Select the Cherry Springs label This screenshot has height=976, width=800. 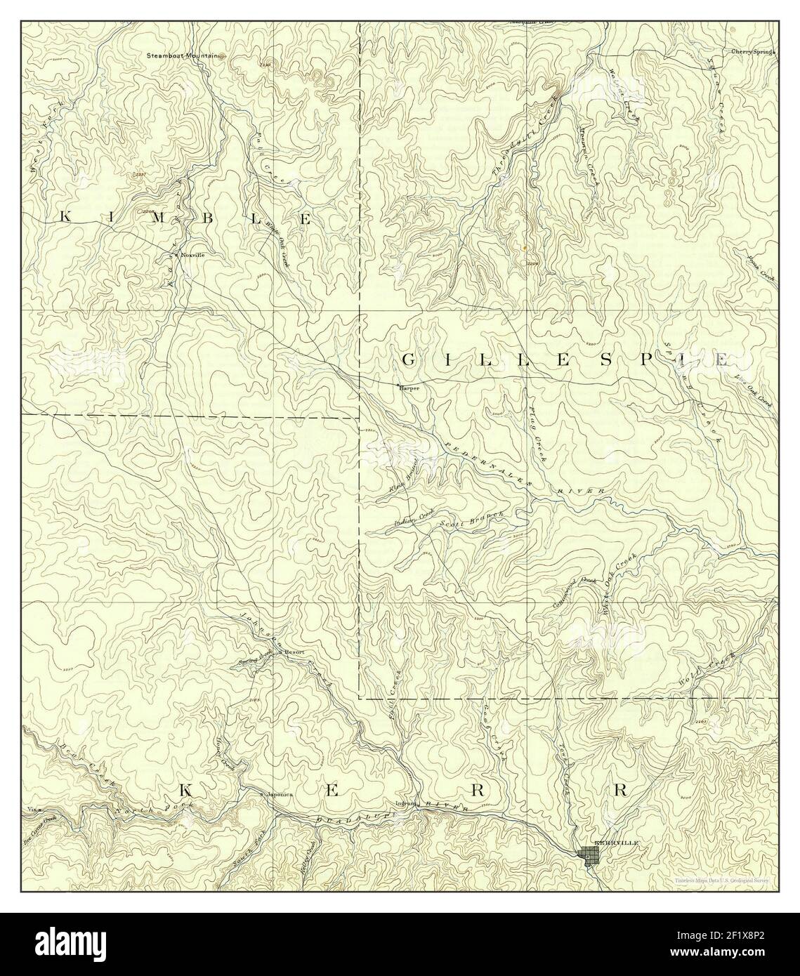point(752,52)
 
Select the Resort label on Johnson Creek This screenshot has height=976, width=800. point(293,652)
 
